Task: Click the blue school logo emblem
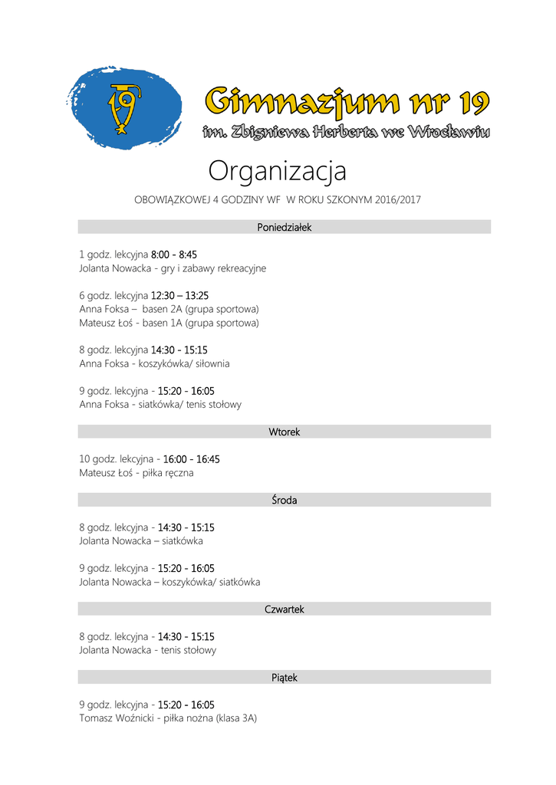pos(124,107)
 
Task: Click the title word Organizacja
pos(277,171)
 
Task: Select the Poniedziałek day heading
pos(284,227)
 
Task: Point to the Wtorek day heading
pos(284,432)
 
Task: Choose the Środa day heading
pos(284,501)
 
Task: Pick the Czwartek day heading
pos(284,609)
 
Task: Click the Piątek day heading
pos(284,678)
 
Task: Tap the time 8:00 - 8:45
pos(174,255)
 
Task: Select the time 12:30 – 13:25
pos(179,295)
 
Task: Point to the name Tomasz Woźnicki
pos(116,719)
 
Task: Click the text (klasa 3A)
pos(236,719)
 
